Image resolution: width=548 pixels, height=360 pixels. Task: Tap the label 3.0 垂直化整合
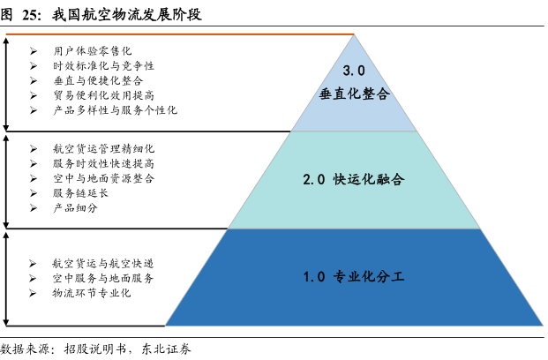(354, 82)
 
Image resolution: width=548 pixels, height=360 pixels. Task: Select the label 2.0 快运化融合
(353, 179)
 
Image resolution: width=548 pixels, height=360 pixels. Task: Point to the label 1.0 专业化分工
(353, 277)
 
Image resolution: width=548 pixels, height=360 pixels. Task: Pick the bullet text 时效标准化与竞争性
(103, 66)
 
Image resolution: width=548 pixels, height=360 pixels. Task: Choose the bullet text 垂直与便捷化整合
(97, 80)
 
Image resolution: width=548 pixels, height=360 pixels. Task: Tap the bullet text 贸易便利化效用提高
(103, 95)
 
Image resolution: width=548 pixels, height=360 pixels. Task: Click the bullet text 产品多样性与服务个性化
(115, 110)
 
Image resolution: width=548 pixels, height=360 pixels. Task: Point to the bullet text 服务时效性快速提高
(103, 163)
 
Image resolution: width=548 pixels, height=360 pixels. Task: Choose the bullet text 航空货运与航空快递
(103, 263)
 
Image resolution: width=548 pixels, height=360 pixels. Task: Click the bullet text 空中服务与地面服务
(103, 278)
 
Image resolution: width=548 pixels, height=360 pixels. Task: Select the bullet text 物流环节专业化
(92, 292)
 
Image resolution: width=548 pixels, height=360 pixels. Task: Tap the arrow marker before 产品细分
(33, 207)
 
